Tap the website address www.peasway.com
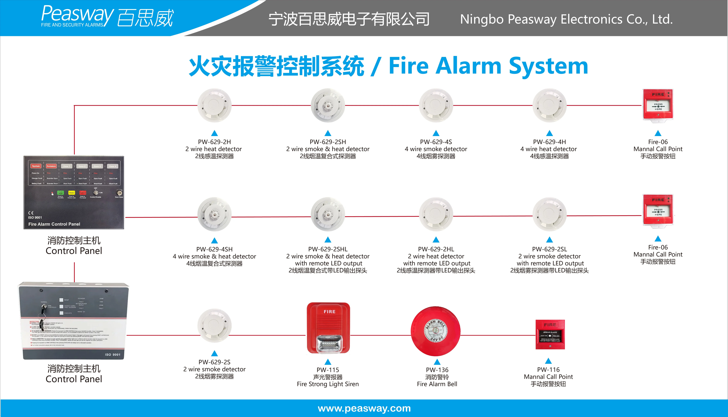point(364,408)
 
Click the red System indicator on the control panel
point(36,166)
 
